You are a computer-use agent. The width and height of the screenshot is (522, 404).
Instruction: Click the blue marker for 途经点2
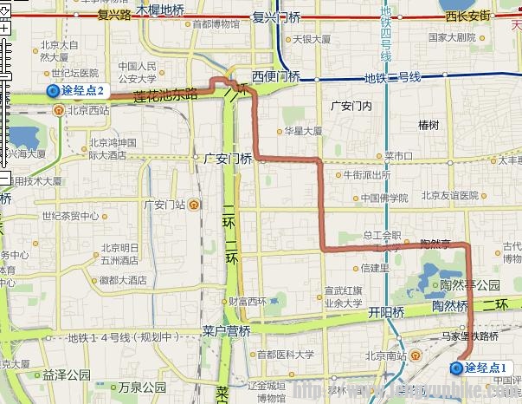point(53,91)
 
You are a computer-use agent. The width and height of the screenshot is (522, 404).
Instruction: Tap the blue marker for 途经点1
point(456,368)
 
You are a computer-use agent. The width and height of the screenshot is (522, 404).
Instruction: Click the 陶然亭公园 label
point(471,284)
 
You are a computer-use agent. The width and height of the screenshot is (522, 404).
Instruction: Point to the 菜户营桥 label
point(226,330)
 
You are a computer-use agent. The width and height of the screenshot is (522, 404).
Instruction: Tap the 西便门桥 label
point(275,76)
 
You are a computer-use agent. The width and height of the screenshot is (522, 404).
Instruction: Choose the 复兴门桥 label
point(276,16)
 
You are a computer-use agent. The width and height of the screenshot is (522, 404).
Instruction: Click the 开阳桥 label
point(386,311)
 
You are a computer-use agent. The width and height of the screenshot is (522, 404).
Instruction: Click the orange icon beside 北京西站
point(58,110)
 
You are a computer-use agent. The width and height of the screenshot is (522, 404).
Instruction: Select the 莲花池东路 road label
point(165,94)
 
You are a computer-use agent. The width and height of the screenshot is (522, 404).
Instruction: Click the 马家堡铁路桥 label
point(471,334)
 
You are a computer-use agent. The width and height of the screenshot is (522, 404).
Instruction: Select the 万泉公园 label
point(142,387)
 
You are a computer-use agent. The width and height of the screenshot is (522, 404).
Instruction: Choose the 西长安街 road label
point(467,16)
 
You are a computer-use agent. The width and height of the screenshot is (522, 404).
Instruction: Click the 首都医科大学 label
point(285,354)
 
